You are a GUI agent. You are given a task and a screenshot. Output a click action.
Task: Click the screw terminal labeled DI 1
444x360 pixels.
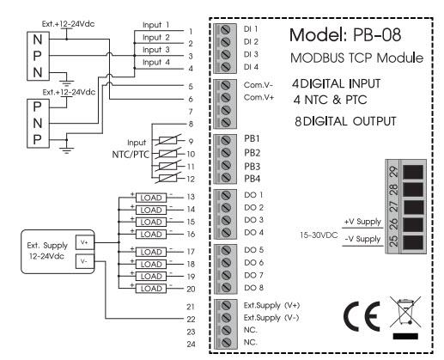point(226,29)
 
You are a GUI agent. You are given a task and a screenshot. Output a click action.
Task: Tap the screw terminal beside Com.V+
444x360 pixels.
point(226,97)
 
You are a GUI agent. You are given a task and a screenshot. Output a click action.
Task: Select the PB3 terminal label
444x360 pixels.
point(252,166)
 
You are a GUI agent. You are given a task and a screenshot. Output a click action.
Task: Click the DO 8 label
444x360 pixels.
point(253,288)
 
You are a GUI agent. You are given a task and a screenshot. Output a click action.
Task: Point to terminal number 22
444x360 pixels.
point(191,319)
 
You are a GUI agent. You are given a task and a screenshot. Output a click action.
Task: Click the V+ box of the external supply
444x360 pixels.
point(85,242)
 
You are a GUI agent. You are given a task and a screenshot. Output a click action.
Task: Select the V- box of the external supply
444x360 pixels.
point(85,261)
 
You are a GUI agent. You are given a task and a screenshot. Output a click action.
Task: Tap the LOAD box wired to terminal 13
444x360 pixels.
point(151,198)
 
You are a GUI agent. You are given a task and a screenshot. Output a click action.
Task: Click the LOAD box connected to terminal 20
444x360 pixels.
point(151,289)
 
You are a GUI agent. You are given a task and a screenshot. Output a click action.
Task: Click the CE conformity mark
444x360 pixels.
point(362,316)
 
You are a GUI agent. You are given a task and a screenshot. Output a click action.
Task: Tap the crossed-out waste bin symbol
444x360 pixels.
point(405,312)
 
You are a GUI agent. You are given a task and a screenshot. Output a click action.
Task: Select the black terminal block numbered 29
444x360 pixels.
point(413,172)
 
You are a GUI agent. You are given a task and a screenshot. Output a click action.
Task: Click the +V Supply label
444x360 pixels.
point(362,222)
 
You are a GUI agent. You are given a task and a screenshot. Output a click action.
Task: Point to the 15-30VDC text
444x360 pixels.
point(319,235)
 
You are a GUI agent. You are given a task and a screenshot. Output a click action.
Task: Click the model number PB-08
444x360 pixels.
point(377,35)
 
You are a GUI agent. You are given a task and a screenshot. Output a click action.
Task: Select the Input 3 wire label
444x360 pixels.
point(156,50)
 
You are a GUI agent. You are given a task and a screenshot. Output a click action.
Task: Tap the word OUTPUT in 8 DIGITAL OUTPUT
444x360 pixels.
point(374,121)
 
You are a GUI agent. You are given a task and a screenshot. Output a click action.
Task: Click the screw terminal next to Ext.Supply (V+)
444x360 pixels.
point(226,305)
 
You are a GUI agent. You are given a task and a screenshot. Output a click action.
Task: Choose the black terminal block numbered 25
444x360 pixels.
point(413,242)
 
